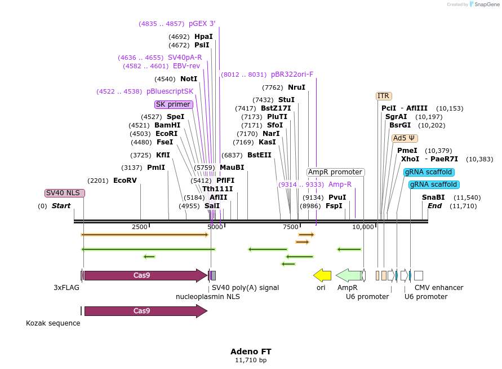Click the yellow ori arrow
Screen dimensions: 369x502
pos(322,275)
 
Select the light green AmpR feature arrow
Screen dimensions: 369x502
pos(349,275)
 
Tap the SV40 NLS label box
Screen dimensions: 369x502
pos(65,193)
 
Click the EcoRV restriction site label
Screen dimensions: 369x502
pos(125,181)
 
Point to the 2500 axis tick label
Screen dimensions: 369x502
pos(140,227)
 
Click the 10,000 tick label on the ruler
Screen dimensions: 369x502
pos(363,227)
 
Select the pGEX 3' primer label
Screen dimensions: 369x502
pos(202,24)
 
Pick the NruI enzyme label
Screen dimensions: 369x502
pos(296,87)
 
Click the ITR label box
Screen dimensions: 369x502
pos(384,96)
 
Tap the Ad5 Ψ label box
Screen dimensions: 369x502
pos(405,138)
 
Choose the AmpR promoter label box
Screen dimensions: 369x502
pos(335,172)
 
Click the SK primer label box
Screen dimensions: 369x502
pos(174,104)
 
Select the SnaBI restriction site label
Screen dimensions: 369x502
pos(433,197)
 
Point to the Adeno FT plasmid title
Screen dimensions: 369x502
pos(251,351)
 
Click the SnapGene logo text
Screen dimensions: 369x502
pos(487,5)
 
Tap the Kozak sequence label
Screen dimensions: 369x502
pos(53,323)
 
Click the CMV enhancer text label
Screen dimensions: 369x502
pos(438,288)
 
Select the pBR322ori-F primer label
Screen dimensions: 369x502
pos(292,74)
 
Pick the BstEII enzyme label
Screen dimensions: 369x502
pos(259,155)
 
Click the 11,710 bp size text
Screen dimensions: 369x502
pos(251,360)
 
